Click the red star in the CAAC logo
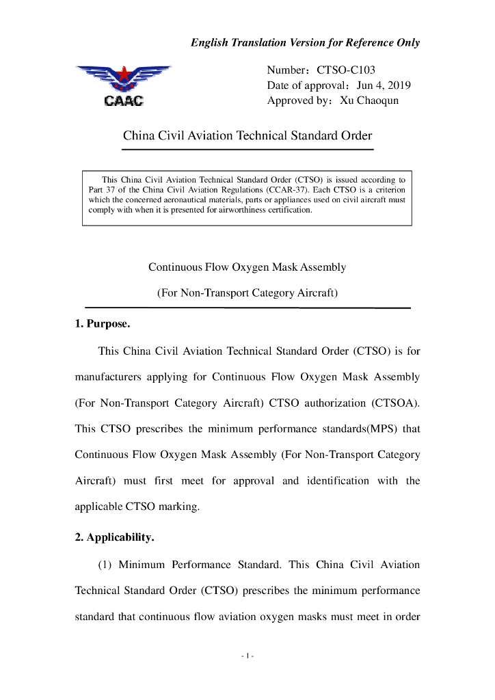tap(124, 72)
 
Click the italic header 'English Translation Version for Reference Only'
tap(305, 42)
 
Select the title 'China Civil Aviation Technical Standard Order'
tap(247, 135)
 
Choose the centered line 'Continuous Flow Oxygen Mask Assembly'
tap(247, 267)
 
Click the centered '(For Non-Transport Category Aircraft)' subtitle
tap(247, 293)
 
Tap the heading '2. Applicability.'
tap(114, 537)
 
